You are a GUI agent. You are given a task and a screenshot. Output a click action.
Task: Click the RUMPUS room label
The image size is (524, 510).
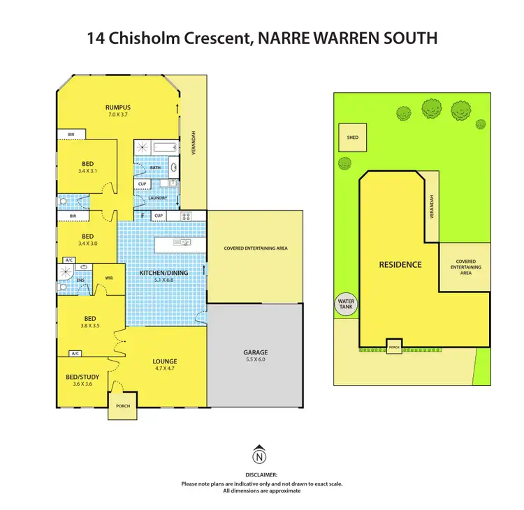click(x=118, y=107)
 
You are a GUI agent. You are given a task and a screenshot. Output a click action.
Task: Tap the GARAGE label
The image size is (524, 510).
click(x=256, y=352)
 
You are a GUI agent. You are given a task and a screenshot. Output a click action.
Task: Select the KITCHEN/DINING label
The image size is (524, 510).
click(x=161, y=273)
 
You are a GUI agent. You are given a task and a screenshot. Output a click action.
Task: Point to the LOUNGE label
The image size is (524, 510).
click(x=165, y=361)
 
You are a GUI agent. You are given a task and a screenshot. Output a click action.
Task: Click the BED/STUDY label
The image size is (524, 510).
click(x=82, y=377)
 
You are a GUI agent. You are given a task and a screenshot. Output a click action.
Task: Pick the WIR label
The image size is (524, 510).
click(x=108, y=278)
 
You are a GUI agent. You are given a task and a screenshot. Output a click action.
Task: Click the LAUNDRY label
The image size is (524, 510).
click(x=157, y=197)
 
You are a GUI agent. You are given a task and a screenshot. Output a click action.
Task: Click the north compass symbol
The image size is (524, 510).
click(x=260, y=457)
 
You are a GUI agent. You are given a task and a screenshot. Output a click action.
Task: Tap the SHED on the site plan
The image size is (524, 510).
click(x=352, y=137)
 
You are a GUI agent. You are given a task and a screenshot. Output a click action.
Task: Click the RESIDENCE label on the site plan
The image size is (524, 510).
click(x=400, y=264)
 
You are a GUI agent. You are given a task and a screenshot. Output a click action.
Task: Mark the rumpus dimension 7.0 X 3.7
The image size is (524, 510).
click(x=118, y=115)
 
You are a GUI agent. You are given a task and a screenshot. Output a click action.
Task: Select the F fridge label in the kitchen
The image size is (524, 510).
click(x=143, y=216)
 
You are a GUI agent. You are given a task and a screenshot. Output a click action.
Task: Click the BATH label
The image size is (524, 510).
click(x=155, y=167)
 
